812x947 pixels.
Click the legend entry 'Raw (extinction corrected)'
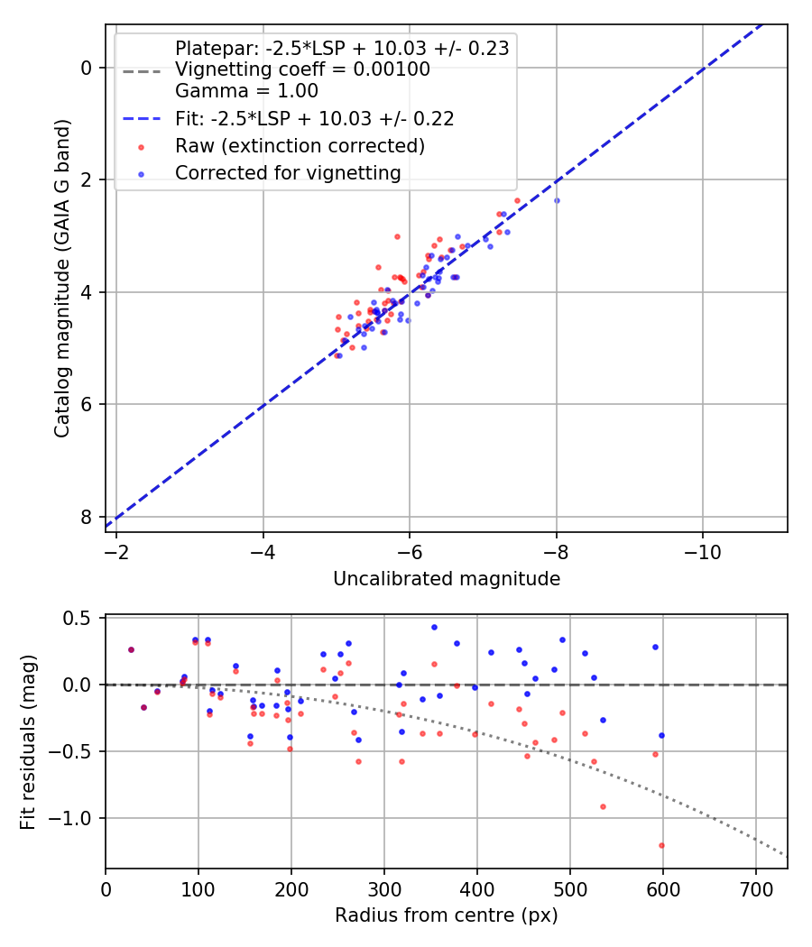(300, 145)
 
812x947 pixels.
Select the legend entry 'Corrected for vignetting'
(288, 172)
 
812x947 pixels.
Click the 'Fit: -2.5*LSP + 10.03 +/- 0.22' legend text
(314, 118)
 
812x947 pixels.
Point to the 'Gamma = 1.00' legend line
(246, 91)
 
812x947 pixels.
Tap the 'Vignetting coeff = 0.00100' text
(302, 70)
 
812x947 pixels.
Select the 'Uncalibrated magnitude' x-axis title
(447, 578)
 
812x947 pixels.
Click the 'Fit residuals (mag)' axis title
(28, 740)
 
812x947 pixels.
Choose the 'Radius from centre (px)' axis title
(447, 915)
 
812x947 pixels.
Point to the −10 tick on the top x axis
(702, 549)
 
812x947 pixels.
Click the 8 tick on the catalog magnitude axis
(86, 517)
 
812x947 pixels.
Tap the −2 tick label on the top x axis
(116, 549)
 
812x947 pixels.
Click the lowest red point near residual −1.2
(661, 845)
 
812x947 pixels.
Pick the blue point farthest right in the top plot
(557, 200)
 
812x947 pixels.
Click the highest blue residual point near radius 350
(434, 627)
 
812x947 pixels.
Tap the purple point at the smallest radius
(131, 649)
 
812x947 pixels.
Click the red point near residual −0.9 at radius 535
(603, 806)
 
